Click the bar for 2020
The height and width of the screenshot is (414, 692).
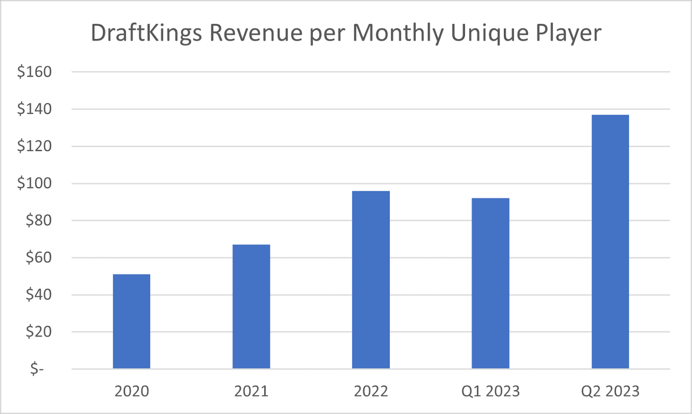pyautogui.click(x=131, y=321)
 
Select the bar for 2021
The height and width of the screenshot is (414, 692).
pyautogui.click(x=251, y=307)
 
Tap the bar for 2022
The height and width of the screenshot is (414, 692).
pyautogui.click(x=371, y=280)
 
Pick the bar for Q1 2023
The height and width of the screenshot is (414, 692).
pyautogui.click(x=490, y=284)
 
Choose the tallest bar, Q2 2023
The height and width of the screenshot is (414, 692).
pyautogui.click(x=610, y=242)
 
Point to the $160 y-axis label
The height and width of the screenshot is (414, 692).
pyautogui.click(x=34, y=72)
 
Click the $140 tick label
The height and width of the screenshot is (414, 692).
pyautogui.click(x=34, y=109)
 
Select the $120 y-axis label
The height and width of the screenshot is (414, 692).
pyautogui.click(x=34, y=146)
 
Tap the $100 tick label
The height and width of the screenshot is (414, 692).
pyautogui.click(x=34, y=183)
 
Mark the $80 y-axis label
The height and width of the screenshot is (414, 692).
pyautogui.click(x=38, y=221)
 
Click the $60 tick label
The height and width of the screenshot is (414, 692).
pyautogui.click(x=38, y=258)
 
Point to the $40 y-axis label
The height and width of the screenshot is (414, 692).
pyautogui.click(x=38, y=295)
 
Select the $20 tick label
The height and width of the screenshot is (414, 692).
pyautogui.click(x=38, y=332)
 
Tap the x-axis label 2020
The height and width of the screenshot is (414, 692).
pyautogui.click(x=131, y=391)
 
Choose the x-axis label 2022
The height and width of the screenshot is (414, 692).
pyautogui.click(x=371, y=391)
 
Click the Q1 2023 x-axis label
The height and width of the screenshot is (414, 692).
pyautogui.click(x=490, y=391)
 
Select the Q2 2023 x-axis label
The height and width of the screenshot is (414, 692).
pyautogui.click(x=610, y=391)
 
